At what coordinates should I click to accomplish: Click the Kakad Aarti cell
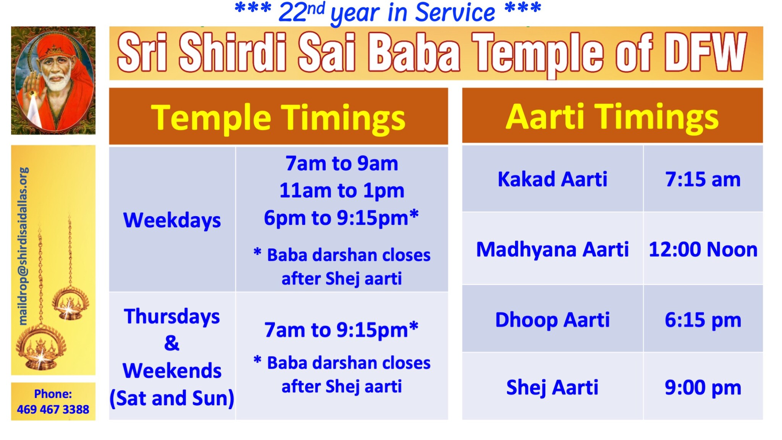click(x=552, y=179)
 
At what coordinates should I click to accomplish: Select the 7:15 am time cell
click(x=703, y=179)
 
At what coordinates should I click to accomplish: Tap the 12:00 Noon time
click(x=703, y=249)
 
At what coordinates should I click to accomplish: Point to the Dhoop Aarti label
click(x=552, y=320)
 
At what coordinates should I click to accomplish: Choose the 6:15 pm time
click(x=703, y=320)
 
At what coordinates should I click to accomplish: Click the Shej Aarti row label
click(x=552, y=387)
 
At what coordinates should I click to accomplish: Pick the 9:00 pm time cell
click(x=703, y=387)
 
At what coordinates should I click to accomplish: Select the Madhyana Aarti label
click(x=552, y=249)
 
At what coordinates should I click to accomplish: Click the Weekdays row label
click(x=172, y=220)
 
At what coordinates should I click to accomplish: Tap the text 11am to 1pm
click(x=342, y=191)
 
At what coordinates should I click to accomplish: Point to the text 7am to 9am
click(x=342, y=163)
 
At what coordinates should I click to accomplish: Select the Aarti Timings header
click(x=612, y=116)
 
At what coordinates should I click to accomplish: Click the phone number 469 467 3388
click(x=53, y=409)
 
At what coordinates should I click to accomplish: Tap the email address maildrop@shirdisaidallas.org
click(x=24, y=246)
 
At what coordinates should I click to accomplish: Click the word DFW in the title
click(x=706, y=53)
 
